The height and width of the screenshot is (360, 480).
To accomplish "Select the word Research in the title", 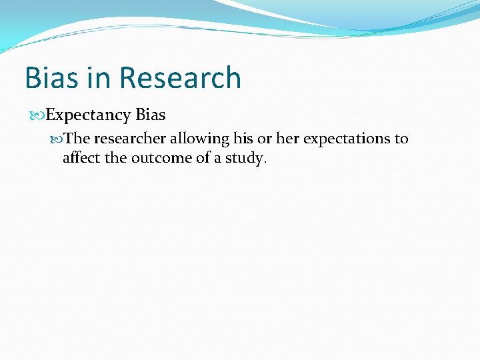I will pyautogui.click(x=181, y=78).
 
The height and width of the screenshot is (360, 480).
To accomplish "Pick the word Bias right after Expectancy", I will pyautogui.click(x=150, y=115).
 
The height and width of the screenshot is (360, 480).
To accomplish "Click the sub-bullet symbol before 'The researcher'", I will pyautogui.click(x=58, y=139).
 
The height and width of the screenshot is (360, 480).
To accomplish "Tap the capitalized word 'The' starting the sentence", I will pyautogui.click(x=77, y=139).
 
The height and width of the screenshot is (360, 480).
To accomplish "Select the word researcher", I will pyautogui.click(x=130, y=139).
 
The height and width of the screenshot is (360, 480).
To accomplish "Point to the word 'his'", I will pyautogui.click(x=243, y=139).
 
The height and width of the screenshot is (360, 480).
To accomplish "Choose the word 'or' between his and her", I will pyautogui.click(x=265, y=139).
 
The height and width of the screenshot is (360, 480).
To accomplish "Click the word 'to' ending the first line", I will pyautogui.click(x=401, y=139).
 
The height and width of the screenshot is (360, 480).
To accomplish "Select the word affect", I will pyautogui.click(x=79, y=158).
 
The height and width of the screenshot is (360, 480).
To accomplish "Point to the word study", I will pyautogui.click(x=247, y=159).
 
